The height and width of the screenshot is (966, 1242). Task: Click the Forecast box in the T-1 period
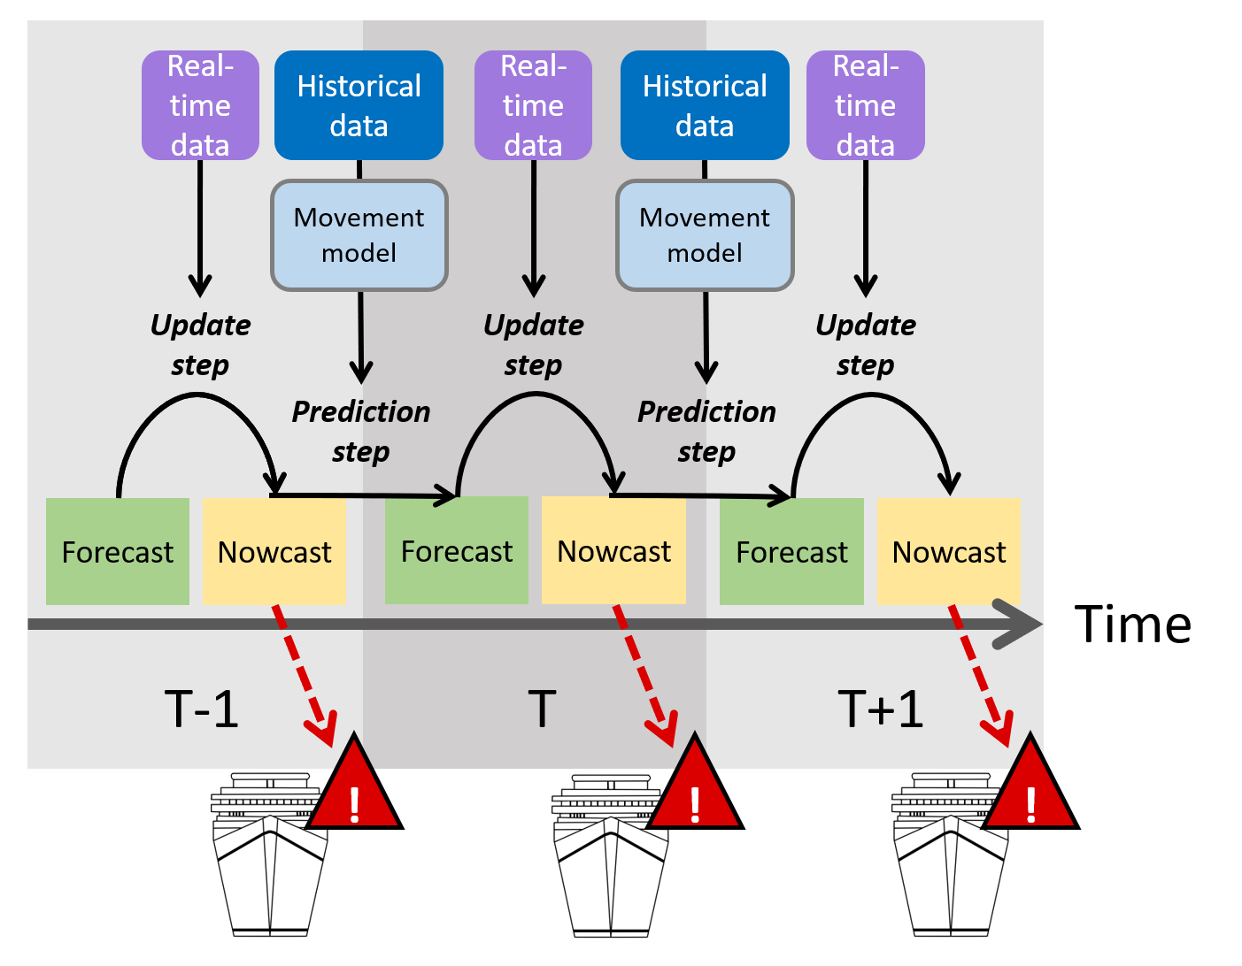click(x=118, y=551)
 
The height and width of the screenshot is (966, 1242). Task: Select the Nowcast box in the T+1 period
click(x=949, y=551)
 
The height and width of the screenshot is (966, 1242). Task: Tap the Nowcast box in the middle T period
click(x=613, y=550)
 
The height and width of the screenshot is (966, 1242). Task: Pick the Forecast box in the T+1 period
click(x=791, y=551)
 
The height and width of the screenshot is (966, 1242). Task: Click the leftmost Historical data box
click(x=359, y=105)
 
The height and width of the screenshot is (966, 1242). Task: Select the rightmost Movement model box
click(x=705, y=235)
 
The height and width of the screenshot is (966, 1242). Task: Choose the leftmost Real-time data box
click(x=200, y=105)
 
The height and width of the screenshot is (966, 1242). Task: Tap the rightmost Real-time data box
click(x=866, y=105)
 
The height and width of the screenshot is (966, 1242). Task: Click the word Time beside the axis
click(x=1132, y=624)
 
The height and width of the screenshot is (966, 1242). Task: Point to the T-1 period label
click(x=202, y=709)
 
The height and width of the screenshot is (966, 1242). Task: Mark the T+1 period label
click(x=881, y=709)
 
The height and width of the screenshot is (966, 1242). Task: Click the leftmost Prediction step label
click(x=360, y=431)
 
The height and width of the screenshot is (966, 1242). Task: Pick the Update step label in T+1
click(x=866, y=344)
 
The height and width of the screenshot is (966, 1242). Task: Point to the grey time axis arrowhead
click(x=1018, y=624)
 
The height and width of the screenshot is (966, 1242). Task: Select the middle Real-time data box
click(x=533, y=105)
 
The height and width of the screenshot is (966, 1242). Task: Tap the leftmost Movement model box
click(x=359, y=235)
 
